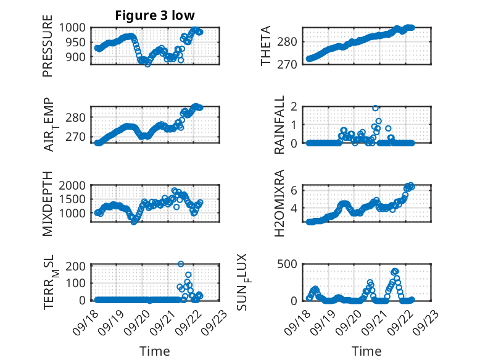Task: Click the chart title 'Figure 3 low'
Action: tap(155, 15)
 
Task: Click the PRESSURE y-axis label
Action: tap(48, 50)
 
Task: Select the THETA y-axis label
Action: tap(266, 46)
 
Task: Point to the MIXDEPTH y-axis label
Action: tap(48, 203)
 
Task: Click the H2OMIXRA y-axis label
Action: tap(279, 203)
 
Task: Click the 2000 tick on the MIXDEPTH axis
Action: tap(74, 185)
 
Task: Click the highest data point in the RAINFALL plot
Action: tap(375, 108)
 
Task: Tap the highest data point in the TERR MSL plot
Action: tap(181, 264)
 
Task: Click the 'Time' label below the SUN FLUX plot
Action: tap(366, 351)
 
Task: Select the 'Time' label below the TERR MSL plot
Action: tap(155, 351)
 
